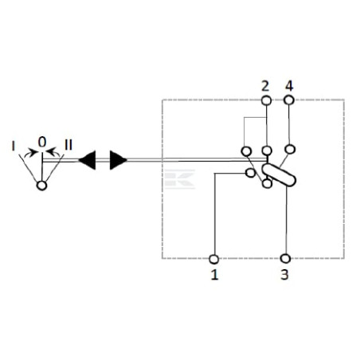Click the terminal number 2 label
coord(265,86)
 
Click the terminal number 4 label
coord(289,86)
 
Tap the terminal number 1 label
coord(214,275)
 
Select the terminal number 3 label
coord(284,275)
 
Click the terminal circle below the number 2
coord(266,100)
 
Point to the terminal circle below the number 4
coord(289,100)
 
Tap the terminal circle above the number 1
coord(214,259)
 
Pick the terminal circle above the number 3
coord(285,258)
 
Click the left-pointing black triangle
coord(87,160)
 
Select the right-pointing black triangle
coord(119,160)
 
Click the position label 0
coord(42,143)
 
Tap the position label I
coord(14,146)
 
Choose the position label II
coord(68,145)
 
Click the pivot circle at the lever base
coord(41,186)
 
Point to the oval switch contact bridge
coord(279,175)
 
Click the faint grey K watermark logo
coord(179,179)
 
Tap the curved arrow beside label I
coord(31,153)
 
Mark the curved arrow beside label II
coord(53,151)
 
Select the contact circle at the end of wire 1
coord(250,173)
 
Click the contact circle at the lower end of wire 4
coord(291,149)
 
